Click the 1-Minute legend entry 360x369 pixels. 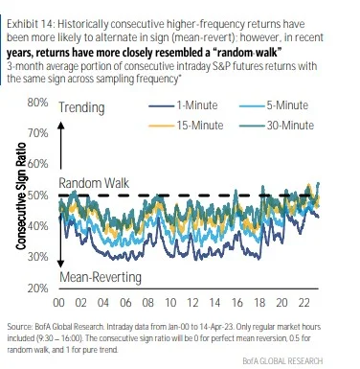point(183,105)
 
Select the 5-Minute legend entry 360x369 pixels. point(274,105)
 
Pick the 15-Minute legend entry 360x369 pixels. point(186,126)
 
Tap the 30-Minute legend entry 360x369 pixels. point(277,126)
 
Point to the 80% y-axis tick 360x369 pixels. point(37,103)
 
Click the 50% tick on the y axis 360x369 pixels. point(37,195)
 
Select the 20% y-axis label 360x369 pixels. point(37,288)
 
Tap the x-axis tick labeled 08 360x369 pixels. point(147,303)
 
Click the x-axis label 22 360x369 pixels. point(304,303)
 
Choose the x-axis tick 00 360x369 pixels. point(58,303)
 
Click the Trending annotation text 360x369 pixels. point(81,108)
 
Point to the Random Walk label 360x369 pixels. point(94,183)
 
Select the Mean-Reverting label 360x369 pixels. point(101,277)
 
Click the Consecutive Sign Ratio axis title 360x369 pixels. point(21,196)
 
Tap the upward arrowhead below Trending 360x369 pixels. point(61,125)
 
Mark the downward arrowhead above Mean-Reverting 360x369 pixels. point(60,265)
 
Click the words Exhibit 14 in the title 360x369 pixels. point(28,24)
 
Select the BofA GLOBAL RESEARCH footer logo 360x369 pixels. point(282,360)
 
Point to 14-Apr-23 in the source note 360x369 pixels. point(231,327)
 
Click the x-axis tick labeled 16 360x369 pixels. point(236,303)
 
